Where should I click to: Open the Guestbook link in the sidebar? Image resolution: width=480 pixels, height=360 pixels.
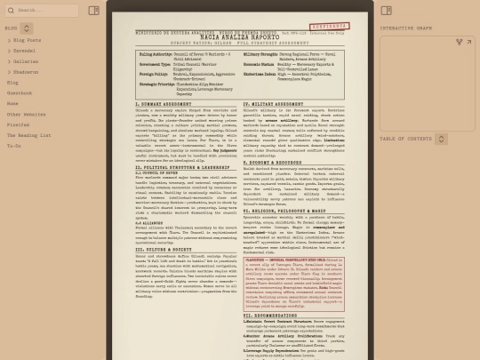pos(20,92)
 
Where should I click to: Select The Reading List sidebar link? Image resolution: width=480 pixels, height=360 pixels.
pos(28,135)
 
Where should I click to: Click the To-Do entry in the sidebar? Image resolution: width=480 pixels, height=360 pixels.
pos(14,146)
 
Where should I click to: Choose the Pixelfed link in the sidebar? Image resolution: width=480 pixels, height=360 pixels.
pos(18,124)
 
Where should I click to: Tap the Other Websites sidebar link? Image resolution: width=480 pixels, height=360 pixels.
pos(26,114)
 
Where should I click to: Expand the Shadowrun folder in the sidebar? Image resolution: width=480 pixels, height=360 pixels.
pos(25,72)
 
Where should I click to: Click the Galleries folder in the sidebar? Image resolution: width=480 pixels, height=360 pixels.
pos(25,61)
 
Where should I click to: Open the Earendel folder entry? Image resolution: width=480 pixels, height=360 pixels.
pos(24,51)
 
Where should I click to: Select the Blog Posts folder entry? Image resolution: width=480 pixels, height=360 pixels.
pos(27,40)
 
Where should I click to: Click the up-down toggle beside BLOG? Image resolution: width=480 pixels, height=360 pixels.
pos(26,28)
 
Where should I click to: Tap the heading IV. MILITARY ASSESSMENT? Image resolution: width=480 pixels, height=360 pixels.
pos(275,104)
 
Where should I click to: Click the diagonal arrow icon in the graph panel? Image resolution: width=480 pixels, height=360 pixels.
pos(460,42)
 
